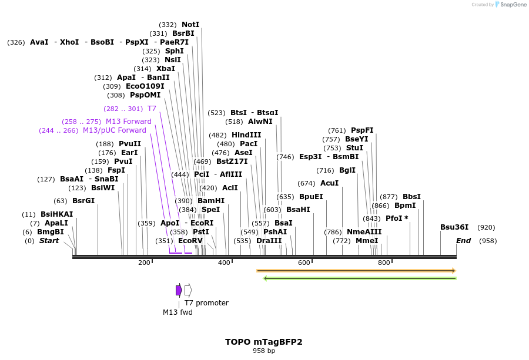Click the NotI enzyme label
(190, 25)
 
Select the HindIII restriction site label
(246, 134)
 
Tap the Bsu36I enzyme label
(454, 227)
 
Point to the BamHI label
(211, 201)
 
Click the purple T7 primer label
(152, 109)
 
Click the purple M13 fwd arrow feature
(179, 290)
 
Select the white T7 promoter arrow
(188, 290)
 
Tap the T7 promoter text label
(206, 303)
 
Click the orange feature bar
(356, 271)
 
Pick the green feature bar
(360, 278)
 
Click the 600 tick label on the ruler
(304, 263)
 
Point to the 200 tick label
(144, 263)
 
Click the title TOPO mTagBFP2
(264, 342)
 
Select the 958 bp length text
(264, 351)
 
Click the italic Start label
(49, 241)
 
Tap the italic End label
(464, 241)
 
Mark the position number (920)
(486, 227)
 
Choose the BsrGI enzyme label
(83, 201)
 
